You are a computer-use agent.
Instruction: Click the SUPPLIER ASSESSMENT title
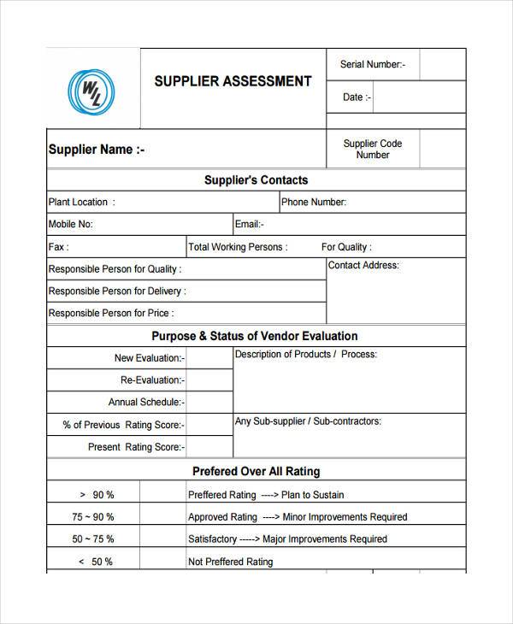tap(233, 82)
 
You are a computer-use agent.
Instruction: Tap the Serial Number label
tap(373, 64)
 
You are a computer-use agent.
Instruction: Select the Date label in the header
tap(357, 97)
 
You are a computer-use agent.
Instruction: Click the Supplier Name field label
tap(97, 150)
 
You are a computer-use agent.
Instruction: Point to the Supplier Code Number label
tap(373, 150)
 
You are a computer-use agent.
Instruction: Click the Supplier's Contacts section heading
tap(256, 180)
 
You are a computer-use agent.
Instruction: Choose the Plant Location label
tap(81, 203)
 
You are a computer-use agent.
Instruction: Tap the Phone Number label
tap(314, 203)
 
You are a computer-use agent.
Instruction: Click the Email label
tap(250, 225)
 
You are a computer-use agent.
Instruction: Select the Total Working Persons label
tap(238, 247)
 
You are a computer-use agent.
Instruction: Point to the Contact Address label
tap(363, 266)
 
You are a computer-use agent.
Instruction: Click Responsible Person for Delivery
tap(117, 291)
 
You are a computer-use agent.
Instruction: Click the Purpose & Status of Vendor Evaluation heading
tap(255, 336)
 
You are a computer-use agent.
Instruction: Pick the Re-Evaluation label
tap(150, 380)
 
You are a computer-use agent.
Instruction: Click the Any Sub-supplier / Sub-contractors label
tap(308, 421)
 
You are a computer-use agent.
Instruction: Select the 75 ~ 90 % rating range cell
tap(93, 517)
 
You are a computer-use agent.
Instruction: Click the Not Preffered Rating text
tap(230, 562)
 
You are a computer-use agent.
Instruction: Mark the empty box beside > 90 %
tap(162, 495)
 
